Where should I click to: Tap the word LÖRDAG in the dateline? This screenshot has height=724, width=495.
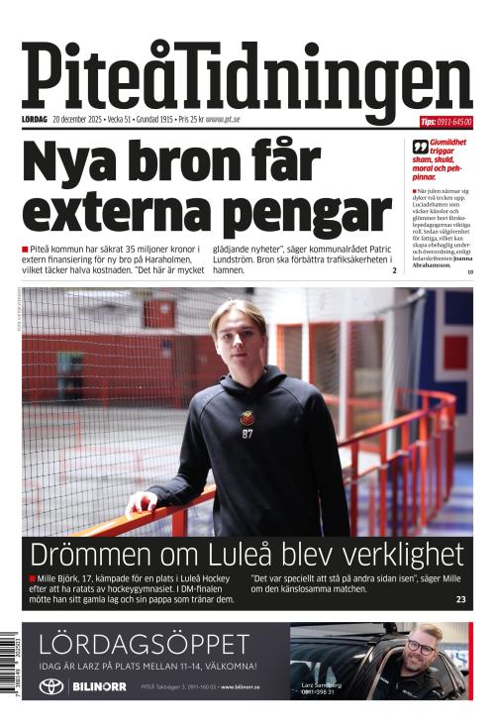pyautogui.click(x=35, y=121)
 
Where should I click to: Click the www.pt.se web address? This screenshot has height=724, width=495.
pyautogui.click(x=223, y=121)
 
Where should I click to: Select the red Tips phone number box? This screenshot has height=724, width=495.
pyautogui.click(x=445, y=122)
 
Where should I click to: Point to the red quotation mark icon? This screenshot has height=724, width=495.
pyautogui.click(x=420, y=147)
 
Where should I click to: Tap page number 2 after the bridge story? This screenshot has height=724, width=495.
pyautogui.click(x=393, y=270)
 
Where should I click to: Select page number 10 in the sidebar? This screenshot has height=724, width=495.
pyautogui.click(x=470, y=271)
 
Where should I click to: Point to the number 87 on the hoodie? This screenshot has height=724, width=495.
pyautogui.click(x=247, y=433)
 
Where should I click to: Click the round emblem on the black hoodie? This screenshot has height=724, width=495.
pyautogui.click(x=247, y=418)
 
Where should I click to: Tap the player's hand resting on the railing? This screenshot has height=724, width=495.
pyautogui.click(x=141, y=501)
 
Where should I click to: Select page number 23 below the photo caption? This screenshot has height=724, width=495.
pyautogui.click(x=460, y=600)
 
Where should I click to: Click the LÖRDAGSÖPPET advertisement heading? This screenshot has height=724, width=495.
pyautogui.click(x=144, y=645)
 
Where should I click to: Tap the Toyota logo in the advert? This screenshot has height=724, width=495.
pyautogui.click(x=50, y=686)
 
